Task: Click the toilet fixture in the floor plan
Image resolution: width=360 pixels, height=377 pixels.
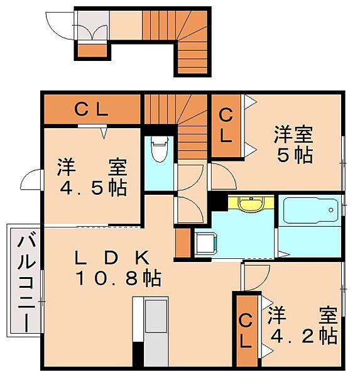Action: (x=159, y=149)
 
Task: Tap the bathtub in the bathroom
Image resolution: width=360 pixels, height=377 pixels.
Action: (x=311, y=210)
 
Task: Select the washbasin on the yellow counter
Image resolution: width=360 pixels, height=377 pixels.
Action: (x=251, y=204)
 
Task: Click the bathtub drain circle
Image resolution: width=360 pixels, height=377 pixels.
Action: (x=331, y=210)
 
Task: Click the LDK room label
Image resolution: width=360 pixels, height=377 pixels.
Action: (x=112, y=258)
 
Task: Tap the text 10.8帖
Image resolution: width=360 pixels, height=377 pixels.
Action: (x=118, y=278)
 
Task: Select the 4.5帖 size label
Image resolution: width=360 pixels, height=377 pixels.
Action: (x=94, y=188)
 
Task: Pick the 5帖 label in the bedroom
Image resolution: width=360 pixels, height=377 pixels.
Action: (x=295, y=155)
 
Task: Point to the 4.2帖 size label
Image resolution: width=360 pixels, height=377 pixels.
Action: (x=304, y=336)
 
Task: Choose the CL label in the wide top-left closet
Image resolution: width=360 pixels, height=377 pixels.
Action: (x=91, y=109)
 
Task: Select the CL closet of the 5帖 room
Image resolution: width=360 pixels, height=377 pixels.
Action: (x=226, y=125)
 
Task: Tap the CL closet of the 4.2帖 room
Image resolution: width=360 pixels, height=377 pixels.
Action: (x=246, y=331)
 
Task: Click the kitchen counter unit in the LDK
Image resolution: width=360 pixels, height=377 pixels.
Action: (x=151, y=332)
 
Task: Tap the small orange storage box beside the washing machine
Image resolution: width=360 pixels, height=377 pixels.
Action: (x=183, y=243)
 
